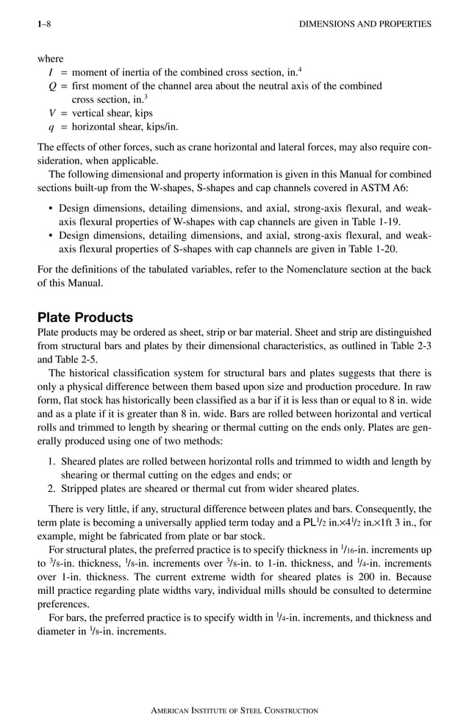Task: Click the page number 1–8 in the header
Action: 44,24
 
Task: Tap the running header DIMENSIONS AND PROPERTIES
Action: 366,24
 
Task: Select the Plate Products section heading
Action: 85,318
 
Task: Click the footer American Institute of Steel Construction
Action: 234,710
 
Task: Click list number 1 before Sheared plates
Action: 52,462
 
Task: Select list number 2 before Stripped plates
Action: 52,489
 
